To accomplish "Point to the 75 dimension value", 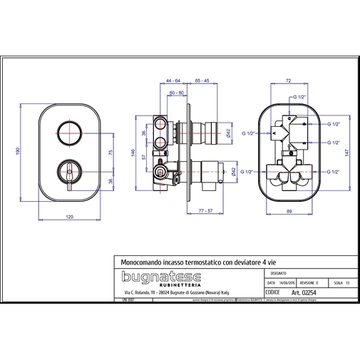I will click(x=110, y=153).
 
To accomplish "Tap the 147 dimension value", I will click(x=348, y=152).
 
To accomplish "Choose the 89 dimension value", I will click(x=290, y=212).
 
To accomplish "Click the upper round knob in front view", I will click(x=70, y=133).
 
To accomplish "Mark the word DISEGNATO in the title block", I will click(x=278, y=273).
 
